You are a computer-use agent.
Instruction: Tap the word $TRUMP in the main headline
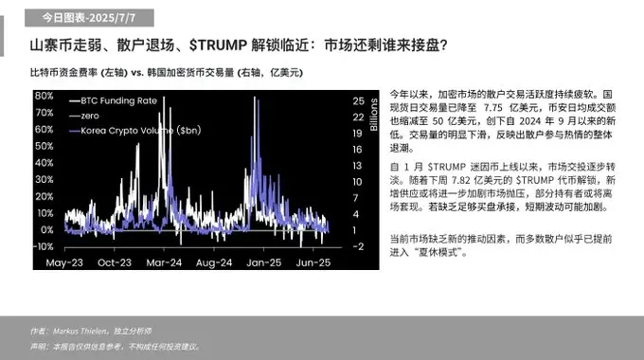coord(216,45)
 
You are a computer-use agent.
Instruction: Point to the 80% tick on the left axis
coord(42,96)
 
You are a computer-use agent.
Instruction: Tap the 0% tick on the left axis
coord(45,229)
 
